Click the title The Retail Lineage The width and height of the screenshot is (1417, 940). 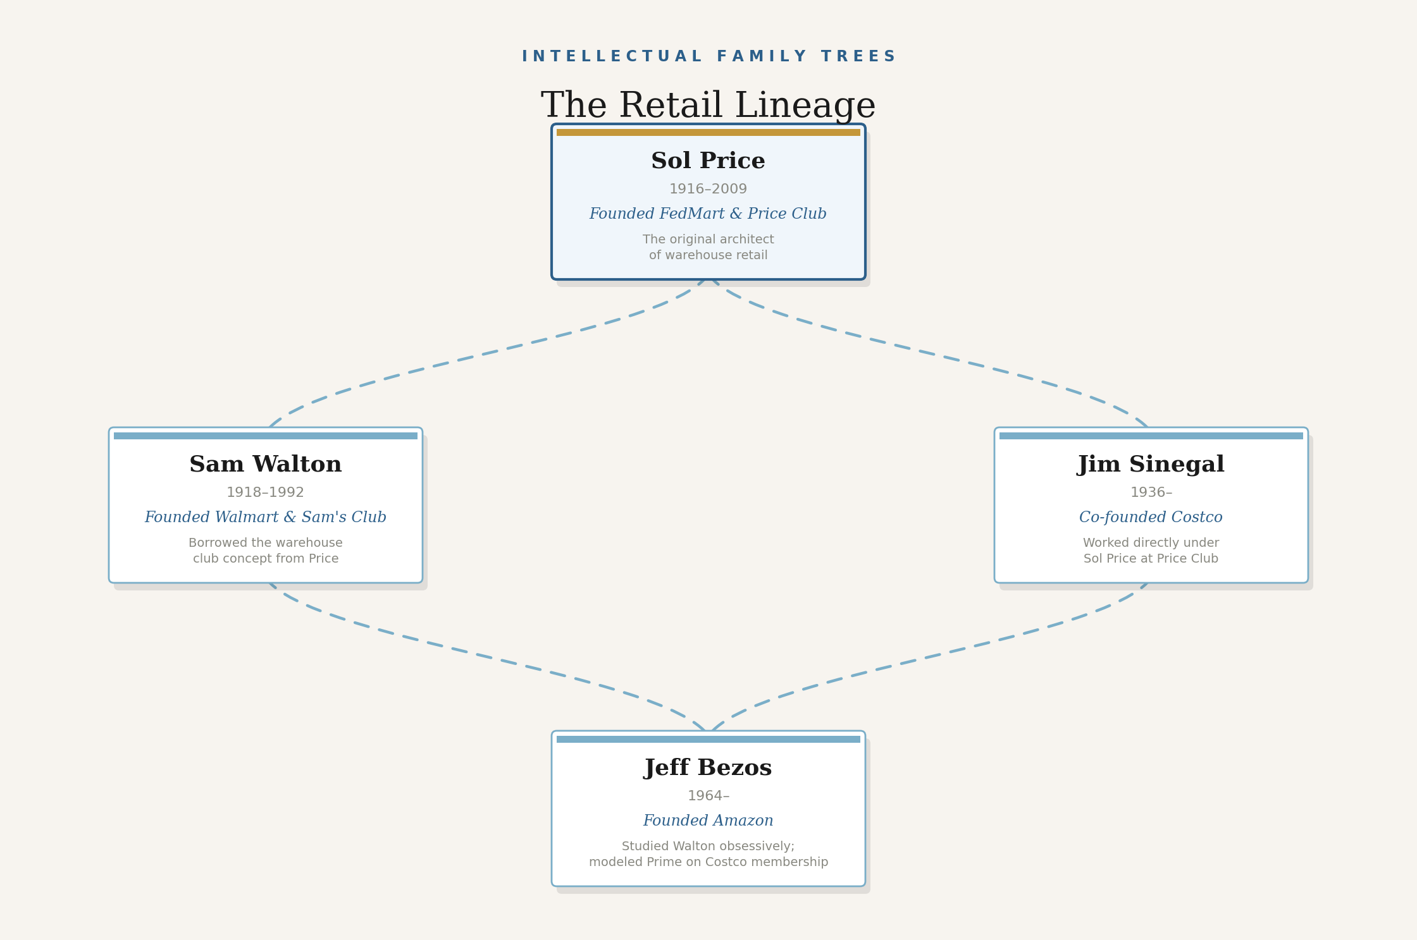708,106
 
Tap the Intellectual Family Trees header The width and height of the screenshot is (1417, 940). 708,57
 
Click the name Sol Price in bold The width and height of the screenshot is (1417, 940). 708,161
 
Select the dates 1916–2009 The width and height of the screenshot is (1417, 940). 708,190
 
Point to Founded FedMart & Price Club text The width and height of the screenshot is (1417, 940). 708,214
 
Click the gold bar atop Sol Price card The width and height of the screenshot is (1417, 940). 708,133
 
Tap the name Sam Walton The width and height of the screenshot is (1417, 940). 265,465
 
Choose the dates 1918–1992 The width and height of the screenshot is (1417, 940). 265,493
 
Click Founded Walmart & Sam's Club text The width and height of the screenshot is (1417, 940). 265,518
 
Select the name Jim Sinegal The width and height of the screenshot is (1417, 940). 1151,465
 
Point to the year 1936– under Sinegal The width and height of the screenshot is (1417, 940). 1151,493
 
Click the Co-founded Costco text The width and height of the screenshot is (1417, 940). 1151,518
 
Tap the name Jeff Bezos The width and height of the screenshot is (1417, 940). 708,768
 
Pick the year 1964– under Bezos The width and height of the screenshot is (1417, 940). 708,797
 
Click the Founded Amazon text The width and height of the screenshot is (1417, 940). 708,821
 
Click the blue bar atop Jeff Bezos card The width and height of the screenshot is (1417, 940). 708,740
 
